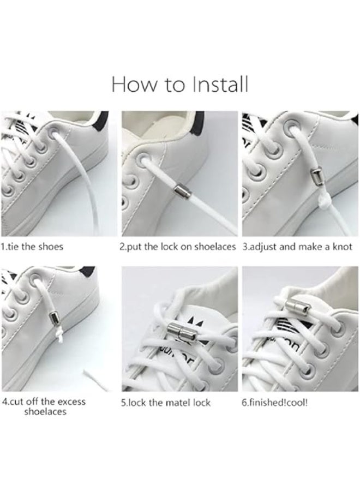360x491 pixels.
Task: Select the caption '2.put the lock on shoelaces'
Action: coord(178,246)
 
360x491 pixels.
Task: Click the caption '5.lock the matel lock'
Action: coord(166,403)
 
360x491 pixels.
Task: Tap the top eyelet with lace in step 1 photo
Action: coord(52,133)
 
